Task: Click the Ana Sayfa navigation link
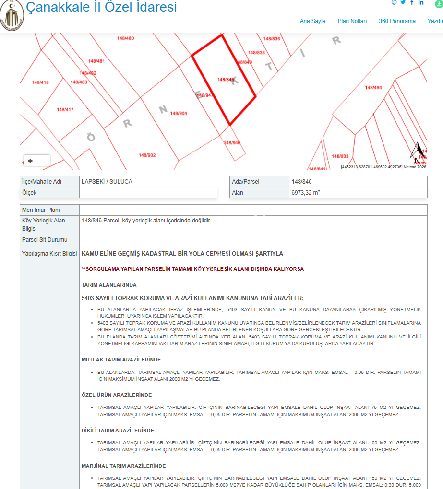pos(312,21)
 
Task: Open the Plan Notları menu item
pos(352,21)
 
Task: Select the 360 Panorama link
pos(397,21)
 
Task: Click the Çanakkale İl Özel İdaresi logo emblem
pos(12,15)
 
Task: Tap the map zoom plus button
pos(31,161)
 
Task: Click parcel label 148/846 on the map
pos(226,80)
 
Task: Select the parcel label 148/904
pos(179,113)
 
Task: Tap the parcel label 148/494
pos(373,88)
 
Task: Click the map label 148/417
pos(65,110)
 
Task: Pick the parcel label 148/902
pos(147,155)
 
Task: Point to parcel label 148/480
pos(126,38)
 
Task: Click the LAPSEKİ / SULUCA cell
pos(107,182)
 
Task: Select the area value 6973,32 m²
pos(306,193)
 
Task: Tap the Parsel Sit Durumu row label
pos(45,239)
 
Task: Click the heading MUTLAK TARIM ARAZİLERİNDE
pos(121,360)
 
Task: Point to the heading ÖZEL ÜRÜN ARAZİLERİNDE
pos(117,395)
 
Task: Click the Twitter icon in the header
pos(403,3)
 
